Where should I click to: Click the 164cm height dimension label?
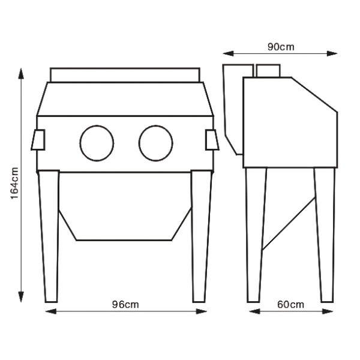pos(14,183)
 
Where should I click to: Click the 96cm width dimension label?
pos(125,305)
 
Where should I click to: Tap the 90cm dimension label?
pos(281,47)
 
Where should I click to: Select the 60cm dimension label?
pos(290,305)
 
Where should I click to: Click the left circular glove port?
pos(80,143)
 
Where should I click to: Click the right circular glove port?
pos(139,143)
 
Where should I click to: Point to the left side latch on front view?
pos(38,140)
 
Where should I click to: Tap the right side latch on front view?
pos(212,140)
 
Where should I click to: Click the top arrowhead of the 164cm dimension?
pos(21,73)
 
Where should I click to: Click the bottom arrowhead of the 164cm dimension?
pos(21,296)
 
